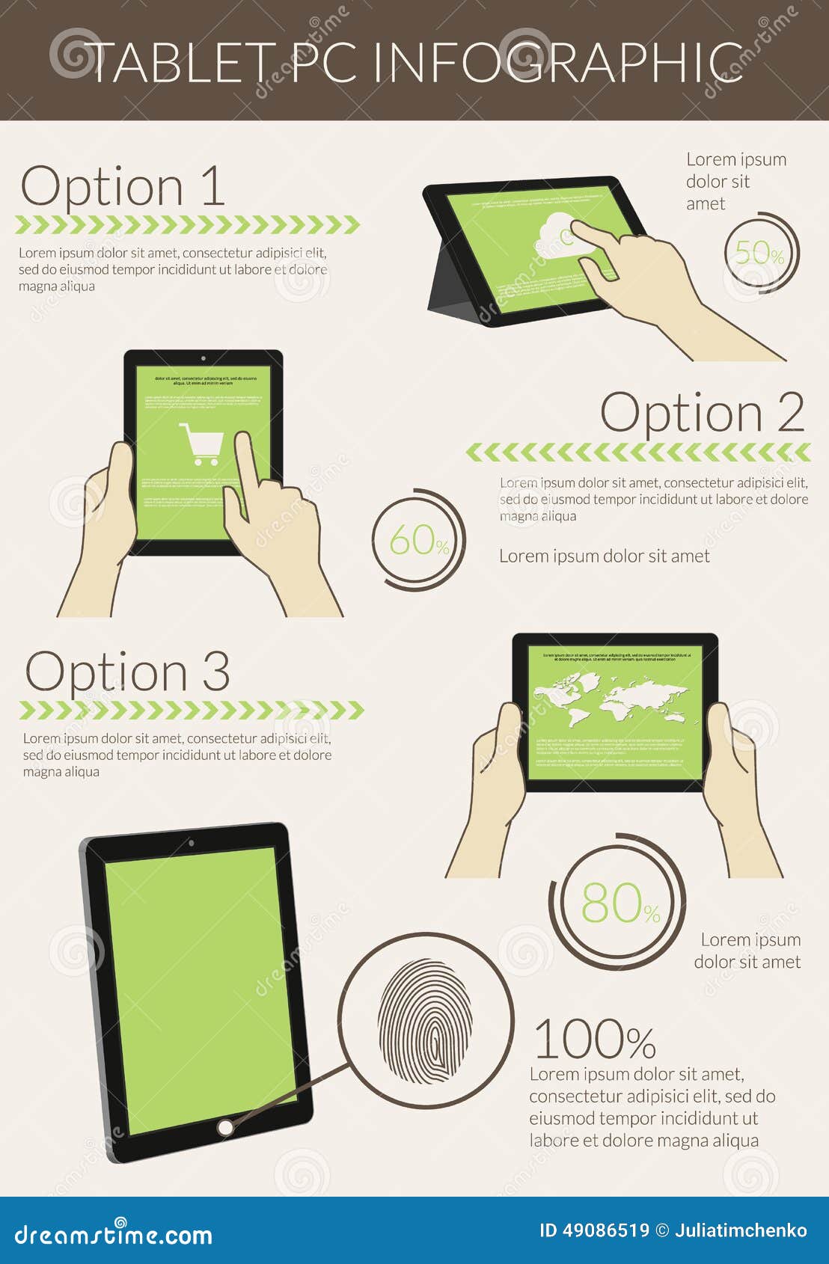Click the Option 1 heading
coord(123,186)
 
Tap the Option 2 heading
coord(702,412)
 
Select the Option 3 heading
coord(127,671)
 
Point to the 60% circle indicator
coord(419,539)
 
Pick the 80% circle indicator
coord(620,903)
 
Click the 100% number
coord(595,1040)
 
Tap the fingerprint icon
coord(425,1021)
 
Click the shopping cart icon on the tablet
coord(201,444)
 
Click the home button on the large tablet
coord(225,1127)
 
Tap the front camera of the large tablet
coord(192,843)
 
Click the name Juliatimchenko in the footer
coord(741,1230)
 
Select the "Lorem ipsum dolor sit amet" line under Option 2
coord(604,556)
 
